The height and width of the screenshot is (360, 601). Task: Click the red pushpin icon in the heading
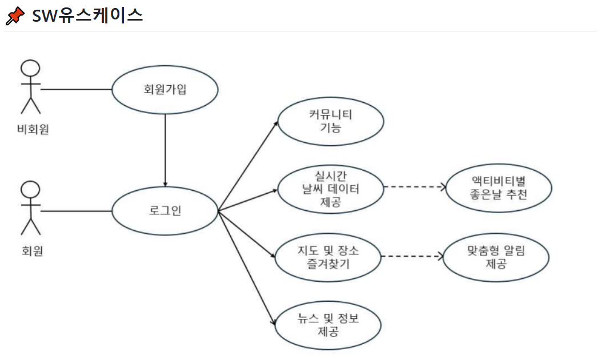click(15, 15)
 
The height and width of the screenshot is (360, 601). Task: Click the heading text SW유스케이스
click(87, 15)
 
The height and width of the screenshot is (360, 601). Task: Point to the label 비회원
click(33, 130)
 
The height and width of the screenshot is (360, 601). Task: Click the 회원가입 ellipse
click(165, 90)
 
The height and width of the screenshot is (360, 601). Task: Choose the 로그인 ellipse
click(165, 211)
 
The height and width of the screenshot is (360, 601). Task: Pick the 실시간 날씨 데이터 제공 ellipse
click(330, 187)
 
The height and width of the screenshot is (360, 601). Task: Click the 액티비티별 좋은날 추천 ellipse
click(499, 188)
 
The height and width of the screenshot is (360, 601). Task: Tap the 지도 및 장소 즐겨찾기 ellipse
click(328, 257)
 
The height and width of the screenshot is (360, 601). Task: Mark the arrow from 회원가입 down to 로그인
click(165, 149)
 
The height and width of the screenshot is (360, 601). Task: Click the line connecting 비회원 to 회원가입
click(75, 90)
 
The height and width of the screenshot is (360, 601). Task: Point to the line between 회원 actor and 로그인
click(75, 211)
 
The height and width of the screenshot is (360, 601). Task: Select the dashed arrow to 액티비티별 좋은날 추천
click(414, 187)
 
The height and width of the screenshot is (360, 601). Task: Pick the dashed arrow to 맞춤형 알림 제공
click(411, 257)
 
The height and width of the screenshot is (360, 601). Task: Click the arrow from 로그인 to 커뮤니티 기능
click(248, 166)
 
